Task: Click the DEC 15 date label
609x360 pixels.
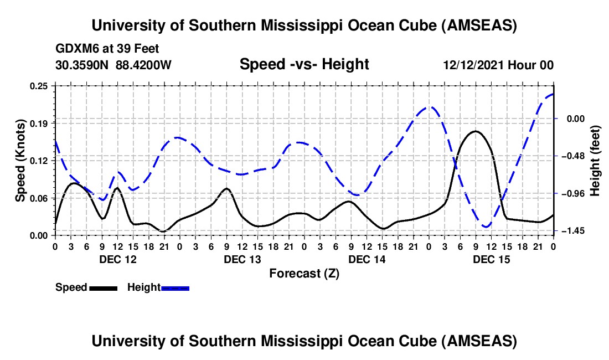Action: point(491,259)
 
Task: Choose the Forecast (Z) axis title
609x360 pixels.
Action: point(304,273)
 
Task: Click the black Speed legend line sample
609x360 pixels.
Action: point(103,287)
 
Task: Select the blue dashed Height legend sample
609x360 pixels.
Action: point(176,287)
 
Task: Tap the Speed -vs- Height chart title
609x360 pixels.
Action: point(304,65)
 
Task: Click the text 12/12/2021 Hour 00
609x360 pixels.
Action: point(498,65)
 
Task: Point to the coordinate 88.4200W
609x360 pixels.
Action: point(144,65)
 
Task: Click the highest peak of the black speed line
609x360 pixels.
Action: point(475,131)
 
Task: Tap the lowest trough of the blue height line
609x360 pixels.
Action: point(486,227)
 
